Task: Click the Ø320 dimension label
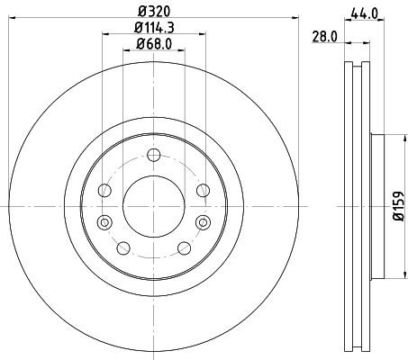tap(150, 11)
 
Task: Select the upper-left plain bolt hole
tap(104, 190)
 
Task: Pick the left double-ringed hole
tap(104, 222)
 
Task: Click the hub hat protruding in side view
tap(378, 206)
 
